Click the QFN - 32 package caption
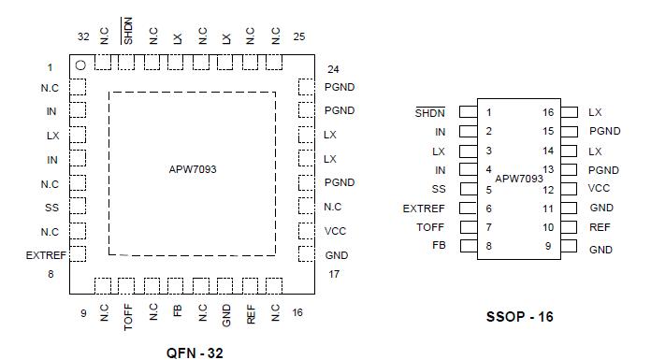tap(195, 353)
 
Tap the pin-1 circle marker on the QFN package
tap(81, 65)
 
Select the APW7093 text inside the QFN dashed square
tap(193, 171)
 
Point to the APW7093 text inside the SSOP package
tap(518, 178)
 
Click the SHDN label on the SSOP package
tap(430, 112)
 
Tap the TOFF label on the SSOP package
tap(431, 227)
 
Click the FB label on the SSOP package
tap(439, 246)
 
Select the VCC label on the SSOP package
tap(600, 188)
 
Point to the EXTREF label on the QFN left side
tap(45, 254)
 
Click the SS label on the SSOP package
tap(439, 189)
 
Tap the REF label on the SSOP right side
tap(600, 227)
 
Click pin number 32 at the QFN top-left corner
tap(83, 37)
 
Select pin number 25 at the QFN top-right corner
tap(299, 37)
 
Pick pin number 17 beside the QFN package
tap(334, 274)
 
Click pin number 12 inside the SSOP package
tap(548, 189)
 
